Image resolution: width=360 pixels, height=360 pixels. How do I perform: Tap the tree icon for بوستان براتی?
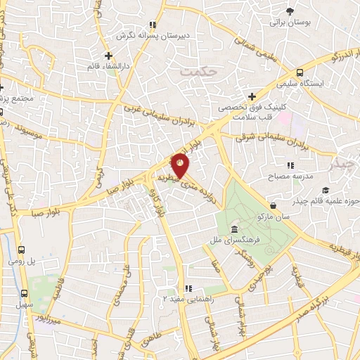click(290, 11)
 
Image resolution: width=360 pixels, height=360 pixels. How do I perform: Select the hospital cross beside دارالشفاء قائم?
click(108, 56)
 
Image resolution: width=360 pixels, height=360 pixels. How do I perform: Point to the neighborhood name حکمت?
click(195, 72)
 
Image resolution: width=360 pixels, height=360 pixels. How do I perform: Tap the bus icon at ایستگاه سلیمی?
click(300, 72)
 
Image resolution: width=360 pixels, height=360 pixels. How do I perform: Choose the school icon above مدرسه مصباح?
click(271, 165)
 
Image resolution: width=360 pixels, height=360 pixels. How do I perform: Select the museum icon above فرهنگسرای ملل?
click(233, 231)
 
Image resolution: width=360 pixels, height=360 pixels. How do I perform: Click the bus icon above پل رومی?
click(22, 250)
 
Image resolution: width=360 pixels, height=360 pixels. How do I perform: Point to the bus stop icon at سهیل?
click(24, 293)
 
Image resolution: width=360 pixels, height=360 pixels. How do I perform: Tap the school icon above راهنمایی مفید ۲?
click(188, 288)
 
